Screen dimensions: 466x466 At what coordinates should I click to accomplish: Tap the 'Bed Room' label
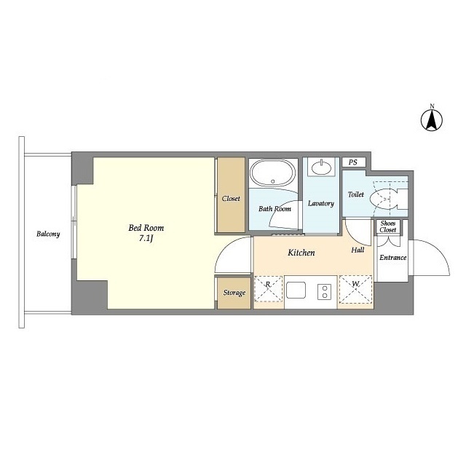click(146, 228)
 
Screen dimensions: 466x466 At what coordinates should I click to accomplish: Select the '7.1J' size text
click(146, 238)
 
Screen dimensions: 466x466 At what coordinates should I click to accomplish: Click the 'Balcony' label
click(48, 234)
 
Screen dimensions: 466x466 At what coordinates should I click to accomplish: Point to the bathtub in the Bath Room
click(273, 173)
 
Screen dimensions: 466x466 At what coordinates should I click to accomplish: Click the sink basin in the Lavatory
click(321, 167)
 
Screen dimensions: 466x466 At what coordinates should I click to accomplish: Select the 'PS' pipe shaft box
click(353, 162)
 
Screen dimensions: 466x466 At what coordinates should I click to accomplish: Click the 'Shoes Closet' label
click(388, 226)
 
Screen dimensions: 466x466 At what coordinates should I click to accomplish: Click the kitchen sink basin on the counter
click(296, 290)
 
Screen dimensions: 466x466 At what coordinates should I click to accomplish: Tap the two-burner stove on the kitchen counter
click(324, 292)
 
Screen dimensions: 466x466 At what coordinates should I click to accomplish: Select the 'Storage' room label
click(234, 293)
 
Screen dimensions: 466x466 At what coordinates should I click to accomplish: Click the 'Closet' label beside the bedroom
click(231, 198)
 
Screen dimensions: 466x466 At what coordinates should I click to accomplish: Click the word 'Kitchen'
click(301, 253)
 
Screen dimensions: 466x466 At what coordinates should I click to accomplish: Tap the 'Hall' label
click(358, 250)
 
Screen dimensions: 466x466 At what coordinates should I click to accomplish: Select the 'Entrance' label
click(393, 257)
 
